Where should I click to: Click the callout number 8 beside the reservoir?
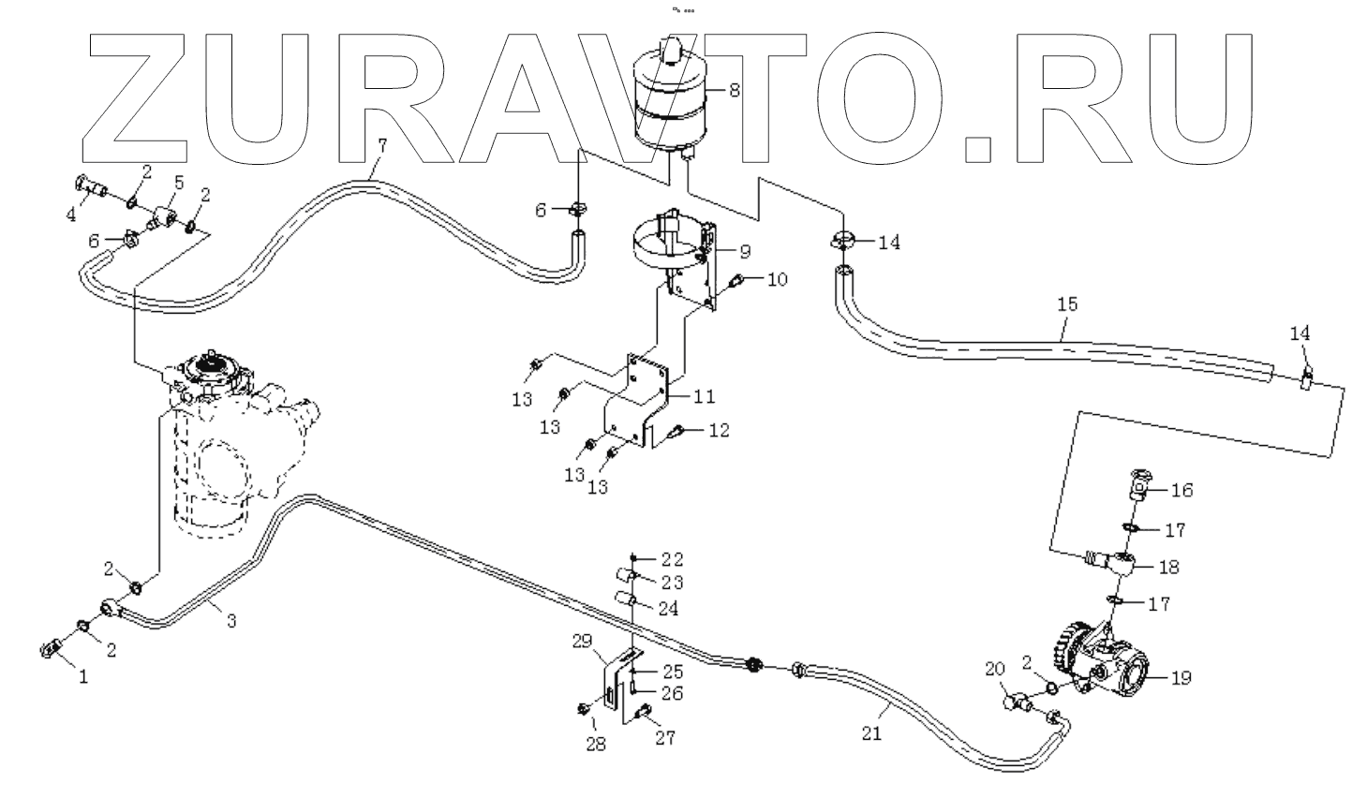point(734,91)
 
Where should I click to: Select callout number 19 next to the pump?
point(1181,677)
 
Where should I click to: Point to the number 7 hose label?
point(381,145)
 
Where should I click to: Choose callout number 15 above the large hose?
point(1067,303)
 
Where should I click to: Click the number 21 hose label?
point(871,734)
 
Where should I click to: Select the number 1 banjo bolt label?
point(83,676)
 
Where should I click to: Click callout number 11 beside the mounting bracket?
point(704,396)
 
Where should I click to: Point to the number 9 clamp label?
point(745,251)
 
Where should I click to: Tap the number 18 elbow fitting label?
point(1168,567)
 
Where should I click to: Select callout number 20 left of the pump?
point(994,668)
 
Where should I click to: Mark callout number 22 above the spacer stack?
point(672,560)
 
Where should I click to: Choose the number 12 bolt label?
point(719,431)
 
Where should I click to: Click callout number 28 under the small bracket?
point(595,745)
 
